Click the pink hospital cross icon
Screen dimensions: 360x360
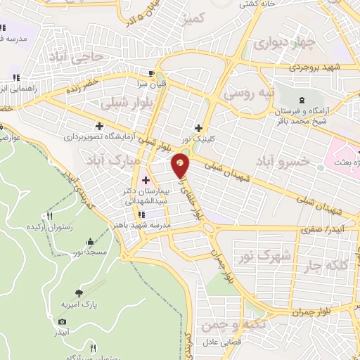146,160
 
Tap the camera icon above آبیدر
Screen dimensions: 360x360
62,321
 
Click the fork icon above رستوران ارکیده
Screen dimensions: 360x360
49,217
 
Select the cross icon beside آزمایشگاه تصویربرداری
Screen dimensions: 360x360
101,127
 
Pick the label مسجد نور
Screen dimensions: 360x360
91,251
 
